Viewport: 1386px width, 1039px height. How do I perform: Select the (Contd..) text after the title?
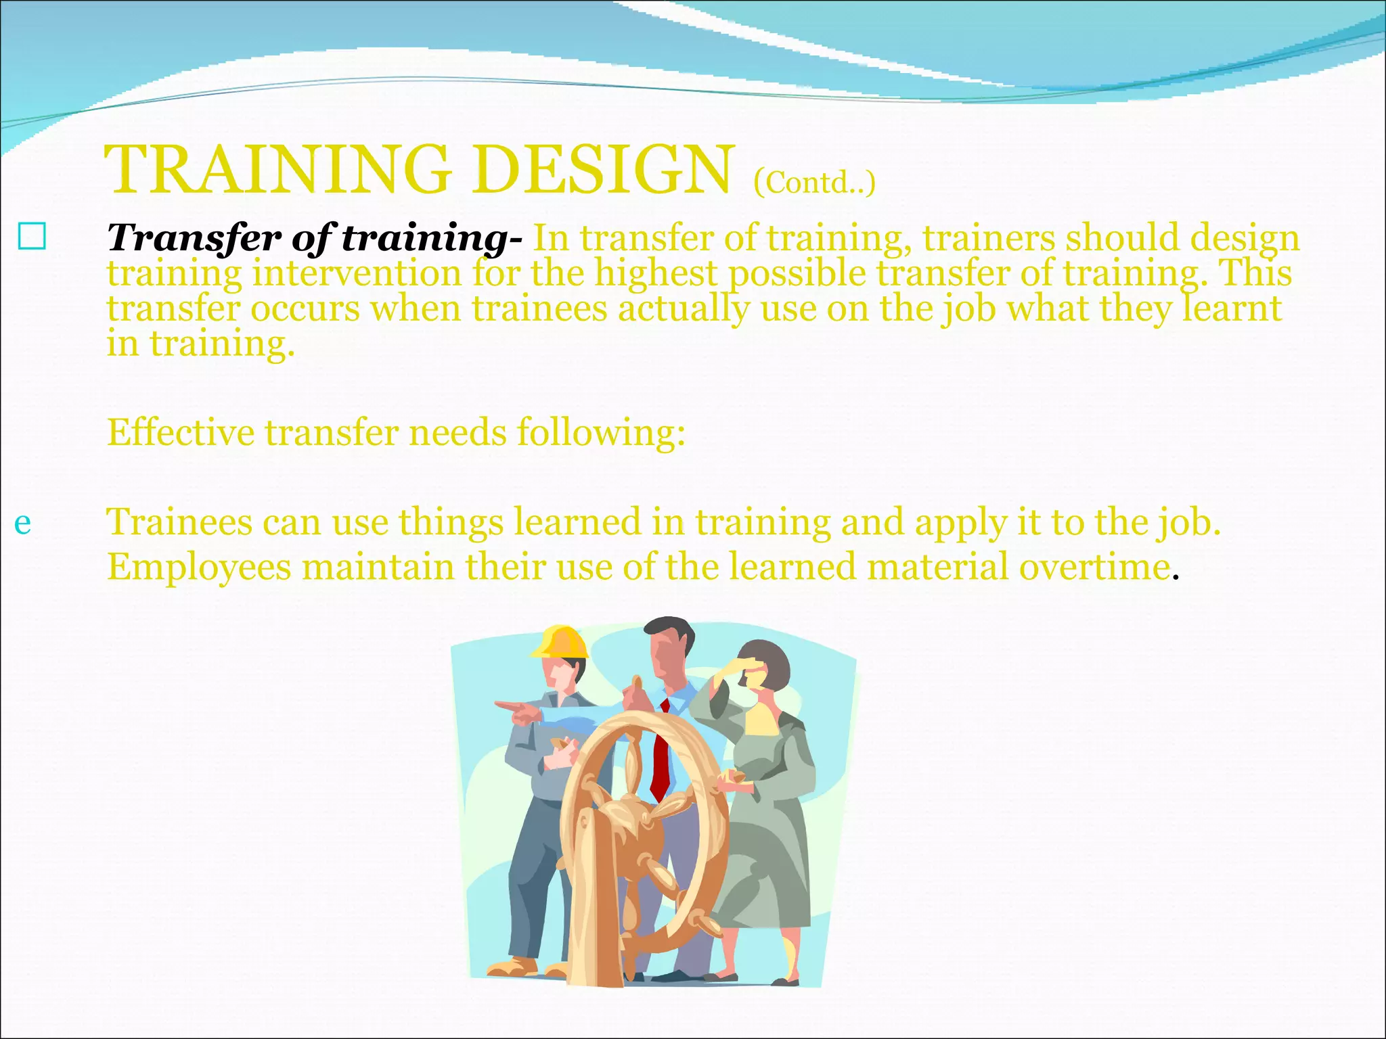click(814, 182)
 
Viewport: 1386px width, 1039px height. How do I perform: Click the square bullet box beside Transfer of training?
click(32, 237)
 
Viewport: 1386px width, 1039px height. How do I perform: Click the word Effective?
click(181, 432)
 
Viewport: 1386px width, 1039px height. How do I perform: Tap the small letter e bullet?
click(22, 523)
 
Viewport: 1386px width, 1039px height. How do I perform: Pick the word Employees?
click(199, 567)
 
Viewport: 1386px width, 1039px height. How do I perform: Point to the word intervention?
click(357, 274)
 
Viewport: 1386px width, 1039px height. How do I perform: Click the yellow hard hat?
click(560, 642)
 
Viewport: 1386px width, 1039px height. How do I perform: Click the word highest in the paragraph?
click(655, 274)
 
